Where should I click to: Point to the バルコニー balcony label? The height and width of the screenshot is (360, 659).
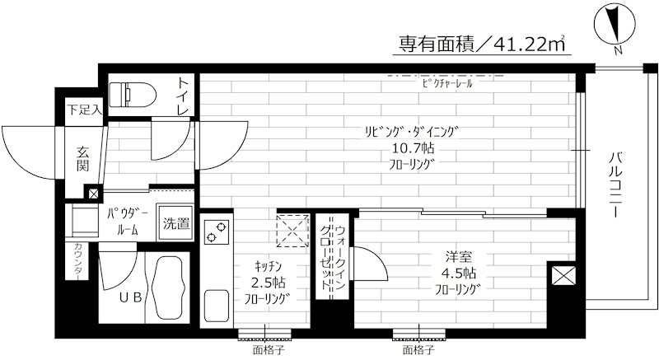pos(615,182)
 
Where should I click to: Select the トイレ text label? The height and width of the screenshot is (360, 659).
pos(184,96)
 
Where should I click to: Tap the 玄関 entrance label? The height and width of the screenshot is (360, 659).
pos(84,157)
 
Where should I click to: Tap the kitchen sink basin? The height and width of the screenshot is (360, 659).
pos(217,306)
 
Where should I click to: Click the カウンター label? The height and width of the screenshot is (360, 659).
pos(78,263)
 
